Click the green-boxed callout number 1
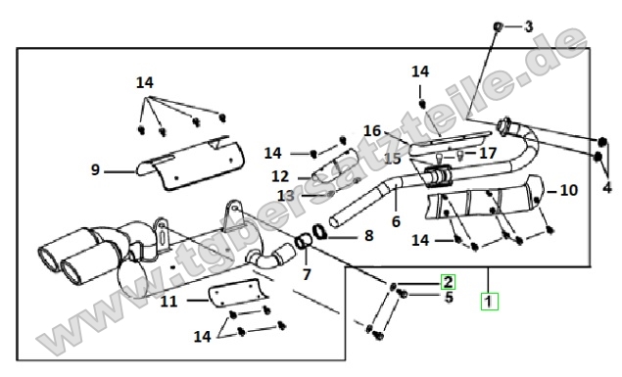pos(489,301)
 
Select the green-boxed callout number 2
pos(448,282)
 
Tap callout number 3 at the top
pos(529,26)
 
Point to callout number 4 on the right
pos(607,187)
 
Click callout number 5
pos(449,297)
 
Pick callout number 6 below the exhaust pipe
pos(396,221)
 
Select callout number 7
pos(307,274)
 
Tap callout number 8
pos(369,235)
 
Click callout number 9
pos(95,169)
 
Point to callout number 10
pos(568,190)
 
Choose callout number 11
pos(168,302)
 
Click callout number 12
pos(280,176)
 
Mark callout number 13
pos(286,195)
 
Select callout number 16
pos(372,131)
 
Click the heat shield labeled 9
pos(190,164)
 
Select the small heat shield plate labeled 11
pos(237,294)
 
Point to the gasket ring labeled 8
pos(319,232)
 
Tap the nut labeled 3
pos(498,26)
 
